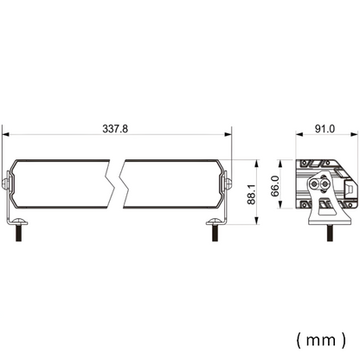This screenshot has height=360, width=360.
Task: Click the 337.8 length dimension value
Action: point(115,128)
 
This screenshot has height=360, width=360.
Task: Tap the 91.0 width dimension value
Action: point(325,128)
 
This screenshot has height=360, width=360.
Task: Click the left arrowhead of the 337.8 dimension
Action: point(6,136)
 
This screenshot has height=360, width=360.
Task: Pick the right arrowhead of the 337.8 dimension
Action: point(229,136)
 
